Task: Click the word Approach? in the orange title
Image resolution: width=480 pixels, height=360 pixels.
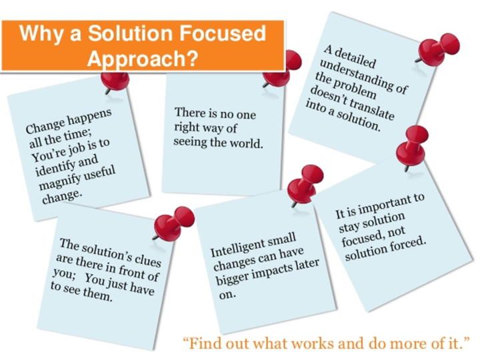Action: pyautogui.click(x=142, y=57)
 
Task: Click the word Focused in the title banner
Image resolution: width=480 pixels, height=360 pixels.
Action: pyautogui.click(x=222, y=33)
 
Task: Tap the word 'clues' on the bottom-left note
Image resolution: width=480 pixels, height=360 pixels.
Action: pyautogui.click(x=148, y=260)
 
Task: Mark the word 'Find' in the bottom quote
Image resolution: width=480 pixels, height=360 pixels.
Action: pyautogui.click(x=204, y=343)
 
